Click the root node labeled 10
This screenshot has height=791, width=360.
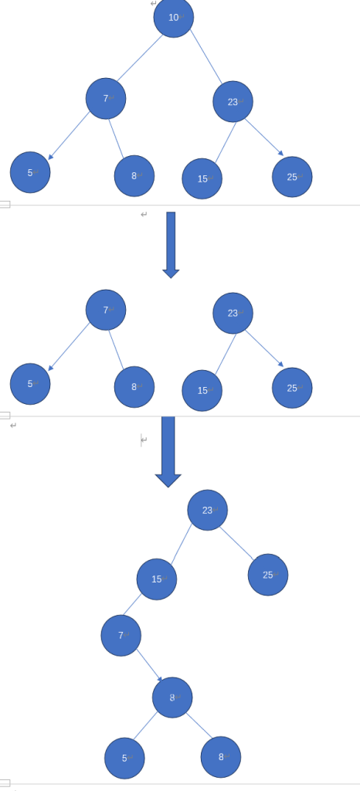[174, 18]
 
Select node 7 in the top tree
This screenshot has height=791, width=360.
[106, 98]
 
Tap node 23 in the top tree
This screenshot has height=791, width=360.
[233, 101]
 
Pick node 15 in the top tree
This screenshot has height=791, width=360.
[202, 178]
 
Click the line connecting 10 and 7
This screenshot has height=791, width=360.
[140, 58]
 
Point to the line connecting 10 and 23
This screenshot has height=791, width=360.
[206, 56]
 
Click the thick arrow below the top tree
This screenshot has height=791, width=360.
[171, 245]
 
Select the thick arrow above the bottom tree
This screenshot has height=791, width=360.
[168, 452]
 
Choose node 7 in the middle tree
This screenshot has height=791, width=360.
[106, 310]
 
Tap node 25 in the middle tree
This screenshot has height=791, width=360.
[292, 388]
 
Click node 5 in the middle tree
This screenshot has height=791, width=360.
[30, 384]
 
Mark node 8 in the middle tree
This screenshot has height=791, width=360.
[134, 387]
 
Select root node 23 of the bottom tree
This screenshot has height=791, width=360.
[208, 510]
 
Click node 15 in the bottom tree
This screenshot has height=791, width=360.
[157, 579]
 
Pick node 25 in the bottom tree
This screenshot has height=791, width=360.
[268, 575]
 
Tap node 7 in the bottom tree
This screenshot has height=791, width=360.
[121, 636]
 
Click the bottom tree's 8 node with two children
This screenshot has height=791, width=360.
[172, 698]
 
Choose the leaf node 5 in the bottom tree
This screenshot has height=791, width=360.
[124, 759]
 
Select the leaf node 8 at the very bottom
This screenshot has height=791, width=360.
[221, 757]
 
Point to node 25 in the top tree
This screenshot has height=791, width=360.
[292, 177]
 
